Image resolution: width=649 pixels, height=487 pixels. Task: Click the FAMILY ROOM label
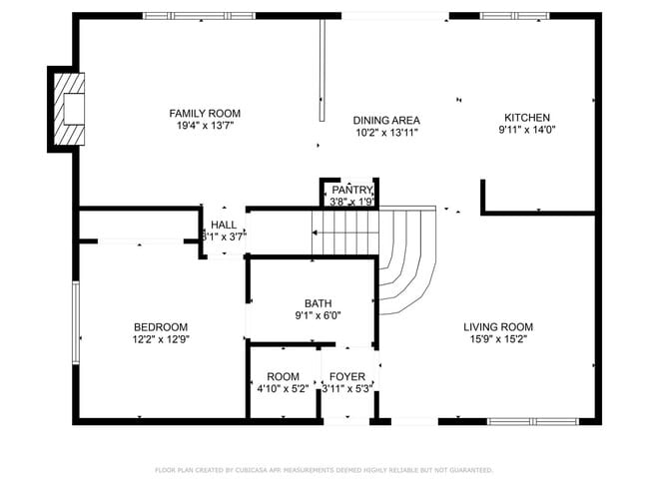204,114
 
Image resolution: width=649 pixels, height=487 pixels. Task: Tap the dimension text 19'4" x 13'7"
204,126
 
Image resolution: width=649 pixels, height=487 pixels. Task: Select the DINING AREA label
385,120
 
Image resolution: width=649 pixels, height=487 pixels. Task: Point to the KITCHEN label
526,117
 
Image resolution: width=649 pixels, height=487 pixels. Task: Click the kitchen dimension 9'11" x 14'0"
526,129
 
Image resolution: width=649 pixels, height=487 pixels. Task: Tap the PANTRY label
351,190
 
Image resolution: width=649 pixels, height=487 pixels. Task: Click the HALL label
224,225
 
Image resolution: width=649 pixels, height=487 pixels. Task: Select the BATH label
319,303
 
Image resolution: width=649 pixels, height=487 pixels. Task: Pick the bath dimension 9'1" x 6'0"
319,315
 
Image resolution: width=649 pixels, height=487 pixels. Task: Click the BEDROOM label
161,326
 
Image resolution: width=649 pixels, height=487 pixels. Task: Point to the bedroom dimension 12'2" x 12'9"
161,339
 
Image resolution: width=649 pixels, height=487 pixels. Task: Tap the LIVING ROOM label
497,326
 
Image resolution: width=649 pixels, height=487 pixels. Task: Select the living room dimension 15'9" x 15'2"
497,339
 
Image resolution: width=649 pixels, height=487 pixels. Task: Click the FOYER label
346,376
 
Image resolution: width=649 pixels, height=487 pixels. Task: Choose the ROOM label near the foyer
283,376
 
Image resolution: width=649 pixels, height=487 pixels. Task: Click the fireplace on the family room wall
67,108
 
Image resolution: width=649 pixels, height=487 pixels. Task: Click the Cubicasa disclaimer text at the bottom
324,469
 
